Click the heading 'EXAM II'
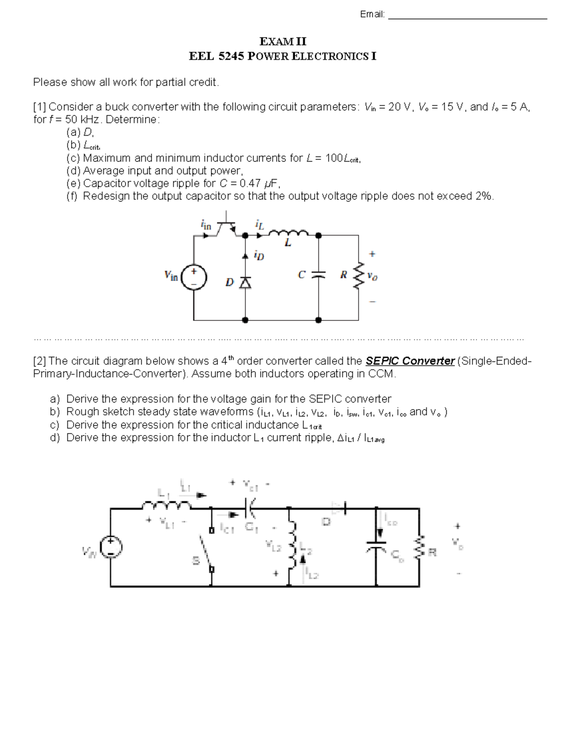click(283, 41)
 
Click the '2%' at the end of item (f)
click(484, 196)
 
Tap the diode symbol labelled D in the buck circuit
click(245, 282)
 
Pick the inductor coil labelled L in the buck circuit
click(288, 233)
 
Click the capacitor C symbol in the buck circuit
click(318, 274)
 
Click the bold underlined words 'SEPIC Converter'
click(410, 361)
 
